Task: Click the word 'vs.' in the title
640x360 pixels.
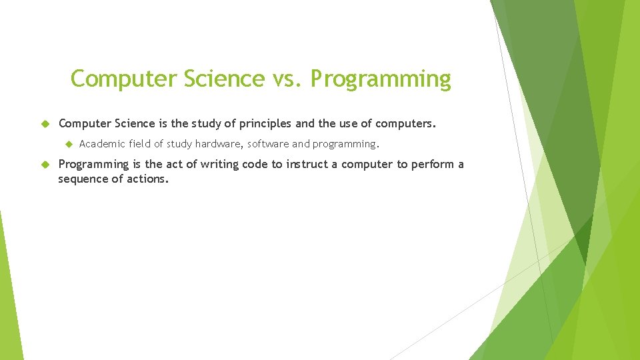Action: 288,79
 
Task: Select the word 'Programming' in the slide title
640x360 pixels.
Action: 380,79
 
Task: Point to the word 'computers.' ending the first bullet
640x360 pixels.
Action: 405,123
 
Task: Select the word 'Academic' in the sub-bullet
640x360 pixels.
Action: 101,143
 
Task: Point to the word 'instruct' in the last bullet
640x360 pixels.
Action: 309,164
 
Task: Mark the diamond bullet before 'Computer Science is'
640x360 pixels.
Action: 46,124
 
